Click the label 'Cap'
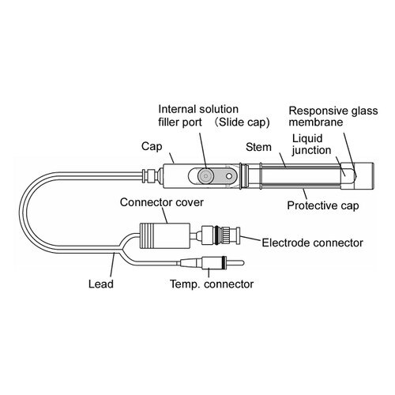click(x=152, y=146)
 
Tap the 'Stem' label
click(x=258, y=147)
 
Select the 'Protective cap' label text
click(x=323, y=205)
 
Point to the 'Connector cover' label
click(x=162, y=202)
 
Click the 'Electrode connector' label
click(x=312, y=243)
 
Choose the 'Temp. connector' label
click(x=212, y=284)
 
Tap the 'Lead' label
click(x=101, y=284)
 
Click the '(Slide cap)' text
click(x=243, y=122)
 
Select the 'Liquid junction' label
click(x=311, y=145)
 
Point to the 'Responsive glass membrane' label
click(x=333, y=116)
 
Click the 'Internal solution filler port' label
click(x=198, y=115)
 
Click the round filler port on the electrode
click(x=205, y=175)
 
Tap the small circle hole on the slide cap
click(x=229, y=175)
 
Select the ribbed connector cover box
click(x=164, y=235)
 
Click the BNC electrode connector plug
click(x=220, y=235)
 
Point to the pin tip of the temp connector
click(x=243, y=263)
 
